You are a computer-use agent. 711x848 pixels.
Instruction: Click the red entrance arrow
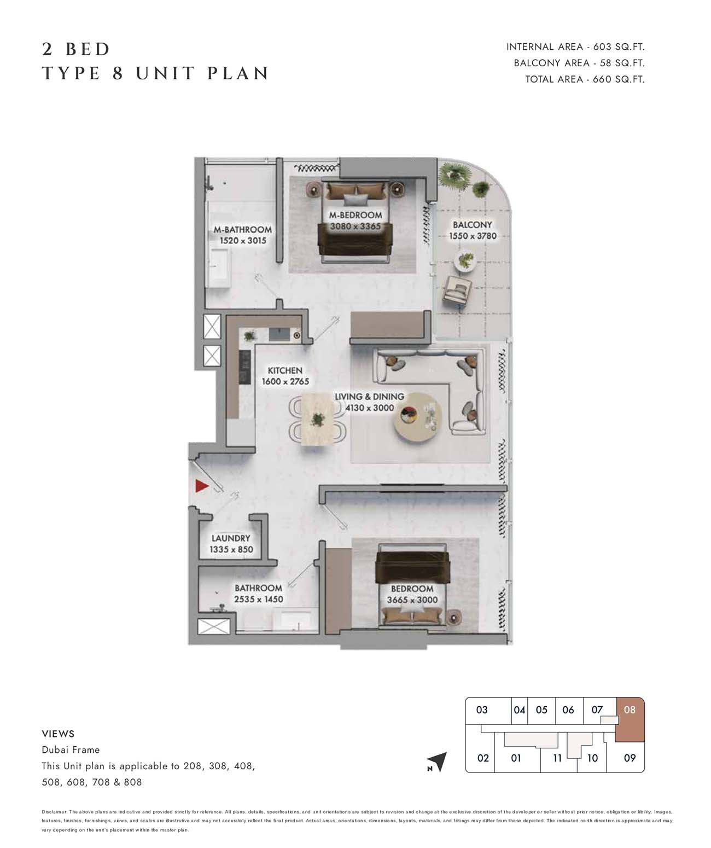coord(201,486)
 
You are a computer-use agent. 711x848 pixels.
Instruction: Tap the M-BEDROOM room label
coord(355,215)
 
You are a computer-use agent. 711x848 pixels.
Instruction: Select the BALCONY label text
coord(472,225)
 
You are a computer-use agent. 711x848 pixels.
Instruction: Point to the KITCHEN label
coord(285,370)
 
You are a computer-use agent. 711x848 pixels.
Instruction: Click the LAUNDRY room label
coord(231,538)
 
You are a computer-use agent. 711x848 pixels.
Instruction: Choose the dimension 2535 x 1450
coord(259,599)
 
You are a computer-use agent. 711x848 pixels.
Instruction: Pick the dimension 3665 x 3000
coord(412,600)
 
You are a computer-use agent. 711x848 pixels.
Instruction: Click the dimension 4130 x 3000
coord(370,408)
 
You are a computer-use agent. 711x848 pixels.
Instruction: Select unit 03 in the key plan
coord(482,710)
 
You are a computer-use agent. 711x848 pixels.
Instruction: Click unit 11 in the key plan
coord(557,758)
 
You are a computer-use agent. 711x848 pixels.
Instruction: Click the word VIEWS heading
coord(58,734)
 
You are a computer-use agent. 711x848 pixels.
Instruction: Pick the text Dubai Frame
coord(71,750)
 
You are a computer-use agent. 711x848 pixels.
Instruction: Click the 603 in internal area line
coord(602,47)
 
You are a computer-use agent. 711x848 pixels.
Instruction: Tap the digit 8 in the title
coord(118,73)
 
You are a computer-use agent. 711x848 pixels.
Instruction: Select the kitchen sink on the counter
coord(279,335)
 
